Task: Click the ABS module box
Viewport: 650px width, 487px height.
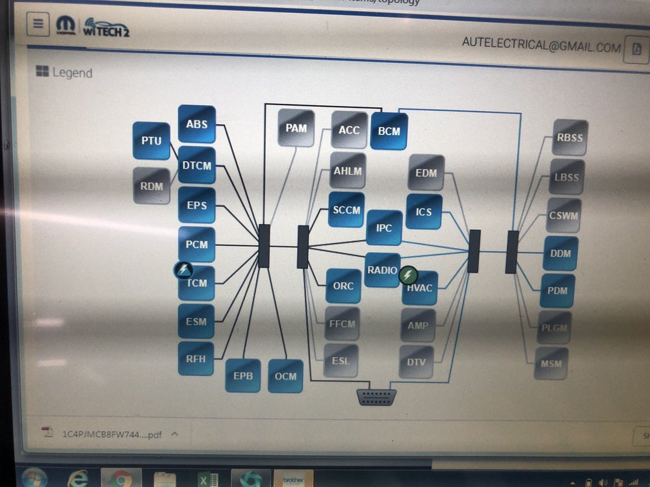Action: [x=196, y=123]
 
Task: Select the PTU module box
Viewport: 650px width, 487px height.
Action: [x=151, y=140]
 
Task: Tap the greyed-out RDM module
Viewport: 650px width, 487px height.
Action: [x=151, y=186]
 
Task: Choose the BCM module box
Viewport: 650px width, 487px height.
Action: [x=389, y=131]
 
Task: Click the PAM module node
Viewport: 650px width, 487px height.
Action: [x=296, y=128]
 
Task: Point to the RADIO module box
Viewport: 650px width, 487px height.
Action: [x=382, y=269]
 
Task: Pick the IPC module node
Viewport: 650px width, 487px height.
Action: [x=383, y=228]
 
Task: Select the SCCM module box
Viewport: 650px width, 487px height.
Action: [x=346, y=209]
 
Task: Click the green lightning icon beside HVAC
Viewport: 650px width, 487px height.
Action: [x=408, y=275]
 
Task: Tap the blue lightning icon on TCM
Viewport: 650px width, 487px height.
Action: [x=183, y=269]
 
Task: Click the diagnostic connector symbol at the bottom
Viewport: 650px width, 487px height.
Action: [x=376, y=397]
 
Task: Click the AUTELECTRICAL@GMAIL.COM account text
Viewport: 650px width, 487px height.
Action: [x=541, y=46]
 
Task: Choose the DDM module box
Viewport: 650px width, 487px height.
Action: [x=560, y=253]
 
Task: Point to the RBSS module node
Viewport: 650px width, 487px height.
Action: [x=570, y=138]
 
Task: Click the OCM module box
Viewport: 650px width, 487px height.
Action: [x=285, y=376]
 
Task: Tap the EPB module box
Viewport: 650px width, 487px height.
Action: [x=242, y=375]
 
